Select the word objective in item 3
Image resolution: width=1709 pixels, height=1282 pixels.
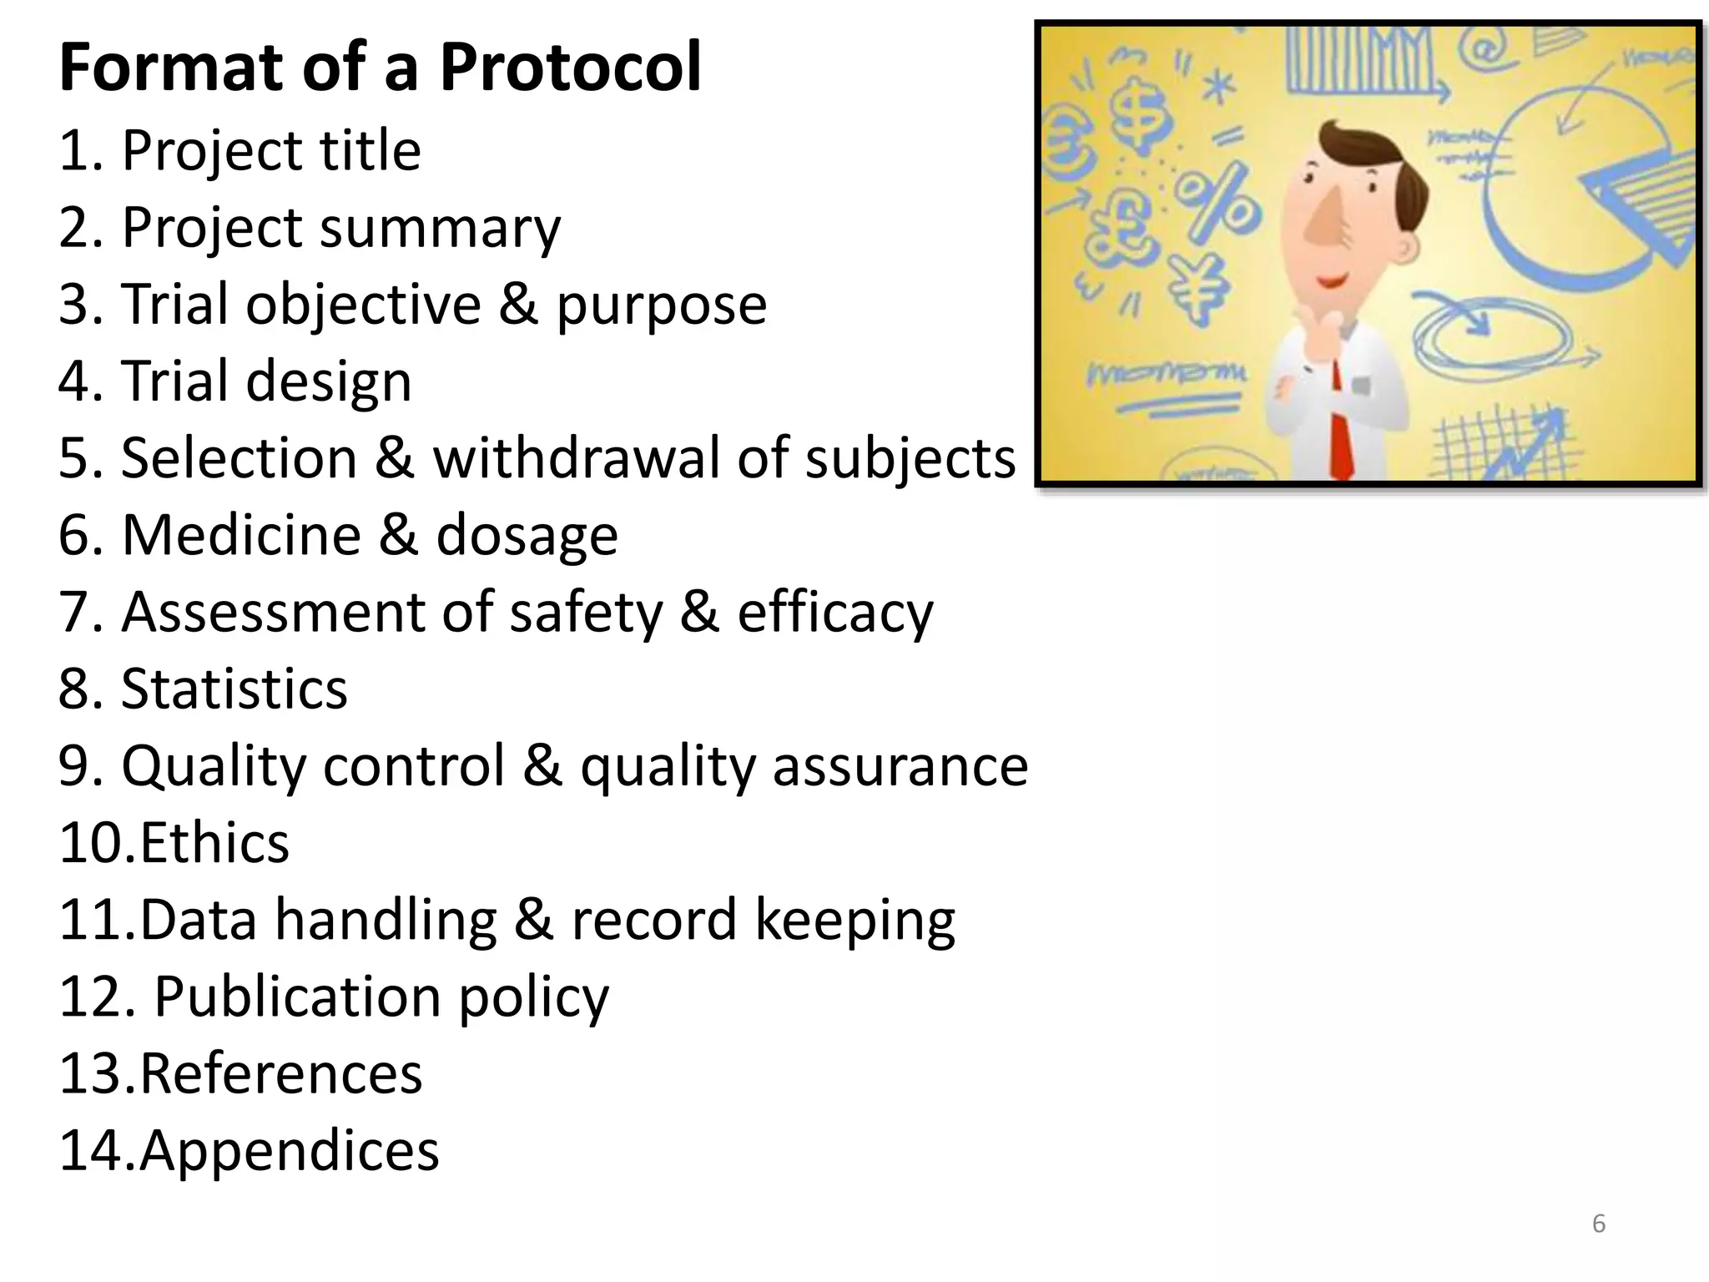click(363, 305)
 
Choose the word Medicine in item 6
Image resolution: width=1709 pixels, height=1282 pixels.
click(241, 535)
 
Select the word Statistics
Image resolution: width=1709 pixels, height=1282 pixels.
click(234, 689)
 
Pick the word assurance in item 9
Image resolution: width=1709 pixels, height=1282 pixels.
click(900, 766)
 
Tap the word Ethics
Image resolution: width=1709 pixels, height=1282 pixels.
click(214, 843)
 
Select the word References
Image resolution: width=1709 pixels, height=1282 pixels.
click(281, 1073)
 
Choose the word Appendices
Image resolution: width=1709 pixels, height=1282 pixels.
click(289, 1151)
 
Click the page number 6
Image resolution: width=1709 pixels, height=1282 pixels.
click(1599, 1224)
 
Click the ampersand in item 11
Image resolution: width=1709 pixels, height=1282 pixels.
click(532, 921)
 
